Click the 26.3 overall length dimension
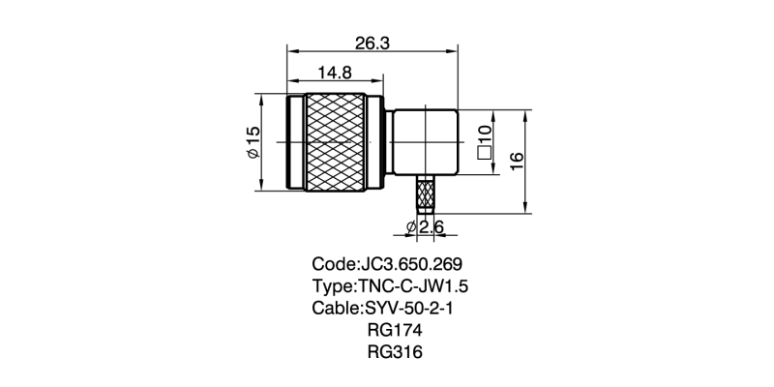coord(372,44)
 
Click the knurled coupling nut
coord(335,143)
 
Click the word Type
coord(332,286)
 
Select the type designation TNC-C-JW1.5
coord(419,286)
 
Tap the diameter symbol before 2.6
coord(410,227)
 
